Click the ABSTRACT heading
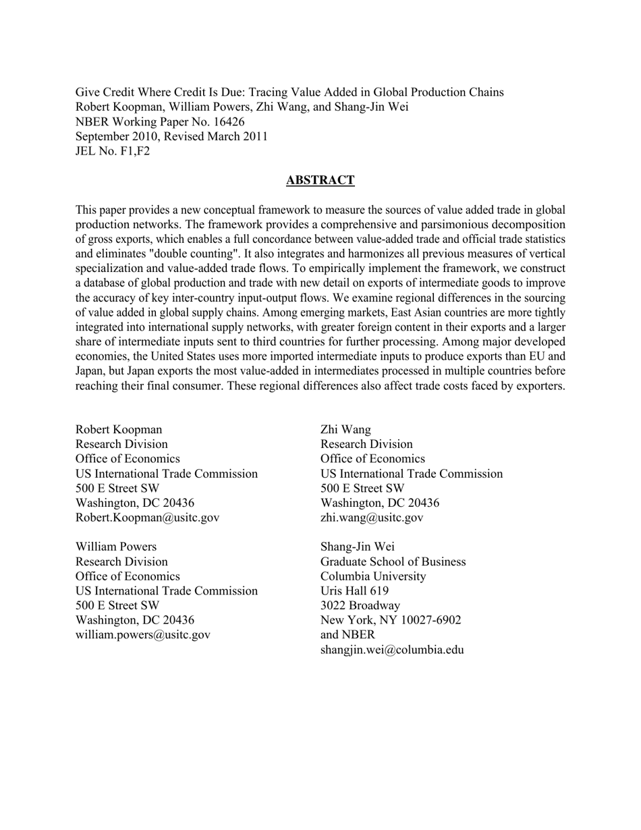click(x=320, y=180)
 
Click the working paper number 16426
click(x=228, y=121)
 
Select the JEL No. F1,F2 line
click(x=113, y=151)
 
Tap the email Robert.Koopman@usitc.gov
click(x=147, y=518)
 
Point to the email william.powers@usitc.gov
click(x=142, y=634)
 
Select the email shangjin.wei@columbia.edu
click(x=392, y=650)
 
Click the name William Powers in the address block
click(x=115, y=547)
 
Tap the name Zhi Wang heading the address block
click(x=345, y=429)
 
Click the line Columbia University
click(x=373, y=576)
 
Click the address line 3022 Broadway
click(x=360, y=605)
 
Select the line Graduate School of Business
click(x=393, y=561)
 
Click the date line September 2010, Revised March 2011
click(x=171, y=136)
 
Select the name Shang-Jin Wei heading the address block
click(x=358, y=547)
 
